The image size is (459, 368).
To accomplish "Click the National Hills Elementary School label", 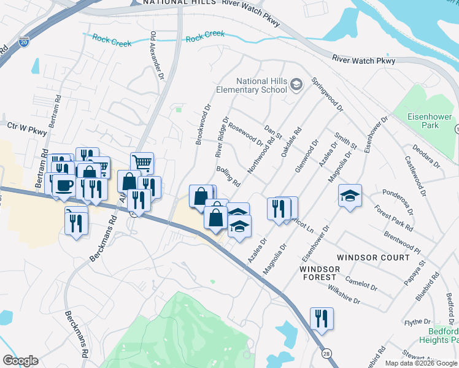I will [x=252, y=85].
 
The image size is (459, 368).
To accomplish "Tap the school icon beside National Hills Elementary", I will [x=296, y=84].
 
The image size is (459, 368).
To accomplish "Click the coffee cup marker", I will [x=64, y=185].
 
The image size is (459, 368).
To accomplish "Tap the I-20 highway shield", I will [x=23, y=41].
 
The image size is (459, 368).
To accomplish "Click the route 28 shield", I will [x=326, y=355].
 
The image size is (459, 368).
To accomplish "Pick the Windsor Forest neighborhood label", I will [x=319, y=273].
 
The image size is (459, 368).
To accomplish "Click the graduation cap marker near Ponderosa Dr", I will [x=350, y=196].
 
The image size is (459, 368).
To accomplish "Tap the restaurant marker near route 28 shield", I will [x=322, y=318].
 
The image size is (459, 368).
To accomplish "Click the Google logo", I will [x=20, y=361].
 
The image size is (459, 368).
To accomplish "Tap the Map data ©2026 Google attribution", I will [x=421, y=363].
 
